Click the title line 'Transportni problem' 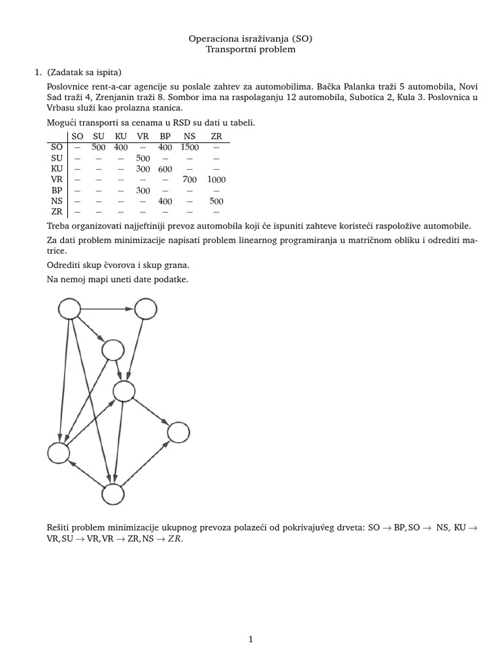click(x=251, y=49)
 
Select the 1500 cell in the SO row click(x=190, y=147)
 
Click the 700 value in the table click(x=190, y=179)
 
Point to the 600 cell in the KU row click(x=165, y=169)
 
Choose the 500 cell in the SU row click(x=142, y=158)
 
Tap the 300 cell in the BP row click(x=142, y=190)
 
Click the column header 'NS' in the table click(x=190, y=136)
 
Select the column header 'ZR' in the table click(x=216, y=136)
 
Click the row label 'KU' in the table click(x=57, y=169)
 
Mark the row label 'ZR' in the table click(x=57, y=211)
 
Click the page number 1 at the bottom click(x=251, y=640)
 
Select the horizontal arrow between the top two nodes click(x=107, y=308)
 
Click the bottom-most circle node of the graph click(x=112, y=495)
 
